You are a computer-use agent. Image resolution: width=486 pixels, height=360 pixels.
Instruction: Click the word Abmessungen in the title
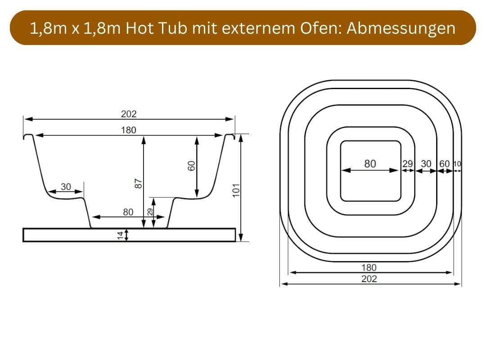(401, 28)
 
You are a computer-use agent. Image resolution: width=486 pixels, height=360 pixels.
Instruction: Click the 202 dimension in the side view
(129, 114)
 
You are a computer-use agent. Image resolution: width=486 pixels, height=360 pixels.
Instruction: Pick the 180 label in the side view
(129, 130)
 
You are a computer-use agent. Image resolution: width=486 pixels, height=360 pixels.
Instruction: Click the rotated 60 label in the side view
(191, 166)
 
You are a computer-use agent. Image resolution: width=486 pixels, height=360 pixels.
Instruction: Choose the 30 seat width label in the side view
(66, 187)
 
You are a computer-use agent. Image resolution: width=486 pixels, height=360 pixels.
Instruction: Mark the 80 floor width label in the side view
(128, 211)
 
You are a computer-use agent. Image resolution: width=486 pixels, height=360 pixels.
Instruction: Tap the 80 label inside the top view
(370, 164)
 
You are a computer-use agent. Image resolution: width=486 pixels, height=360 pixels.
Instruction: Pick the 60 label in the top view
(444, 164)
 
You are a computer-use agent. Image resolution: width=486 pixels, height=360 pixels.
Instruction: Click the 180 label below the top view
(369, 267)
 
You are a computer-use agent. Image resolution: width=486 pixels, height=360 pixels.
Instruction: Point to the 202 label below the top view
(369, 279)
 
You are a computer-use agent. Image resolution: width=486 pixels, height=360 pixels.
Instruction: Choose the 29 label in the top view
(408, 164)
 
